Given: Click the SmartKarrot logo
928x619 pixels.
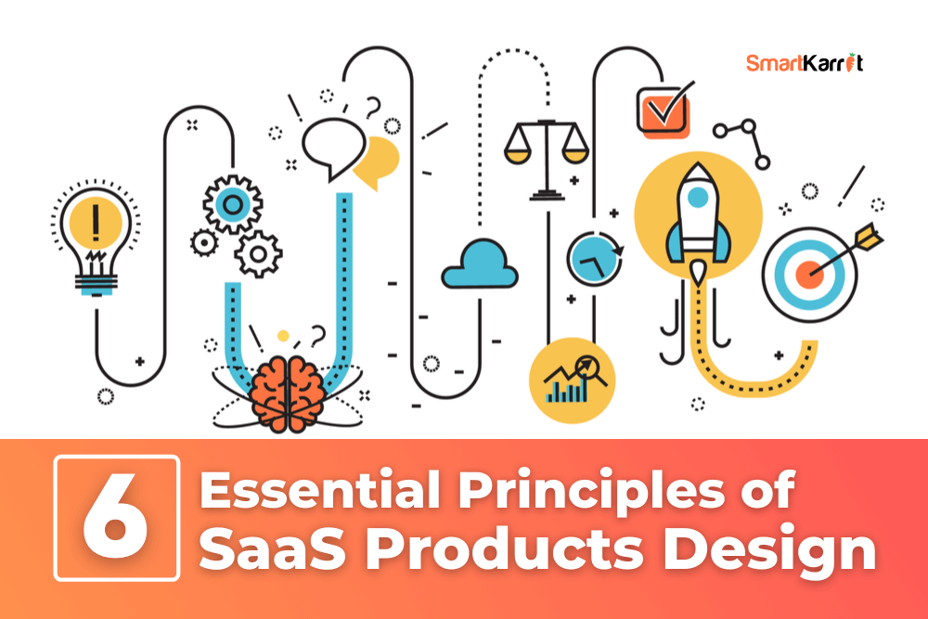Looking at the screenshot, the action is pyautogui.click(x=805, y=62).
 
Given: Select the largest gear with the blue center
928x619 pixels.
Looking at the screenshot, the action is pyautogui.click(x=233, y=205).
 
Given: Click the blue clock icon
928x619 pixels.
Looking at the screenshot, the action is pyautogui.click(x=594, y=259).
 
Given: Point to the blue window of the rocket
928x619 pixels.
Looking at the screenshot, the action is pyautogui.click(x=699, y=197).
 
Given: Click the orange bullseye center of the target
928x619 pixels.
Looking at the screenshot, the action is pyautogui.click(x=809, y=275).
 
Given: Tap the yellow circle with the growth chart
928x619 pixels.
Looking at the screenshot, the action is pyautogui.click(x=573, y=380).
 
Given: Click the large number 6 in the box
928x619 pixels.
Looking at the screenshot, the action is pyautogui.click(x=115, y=517).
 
